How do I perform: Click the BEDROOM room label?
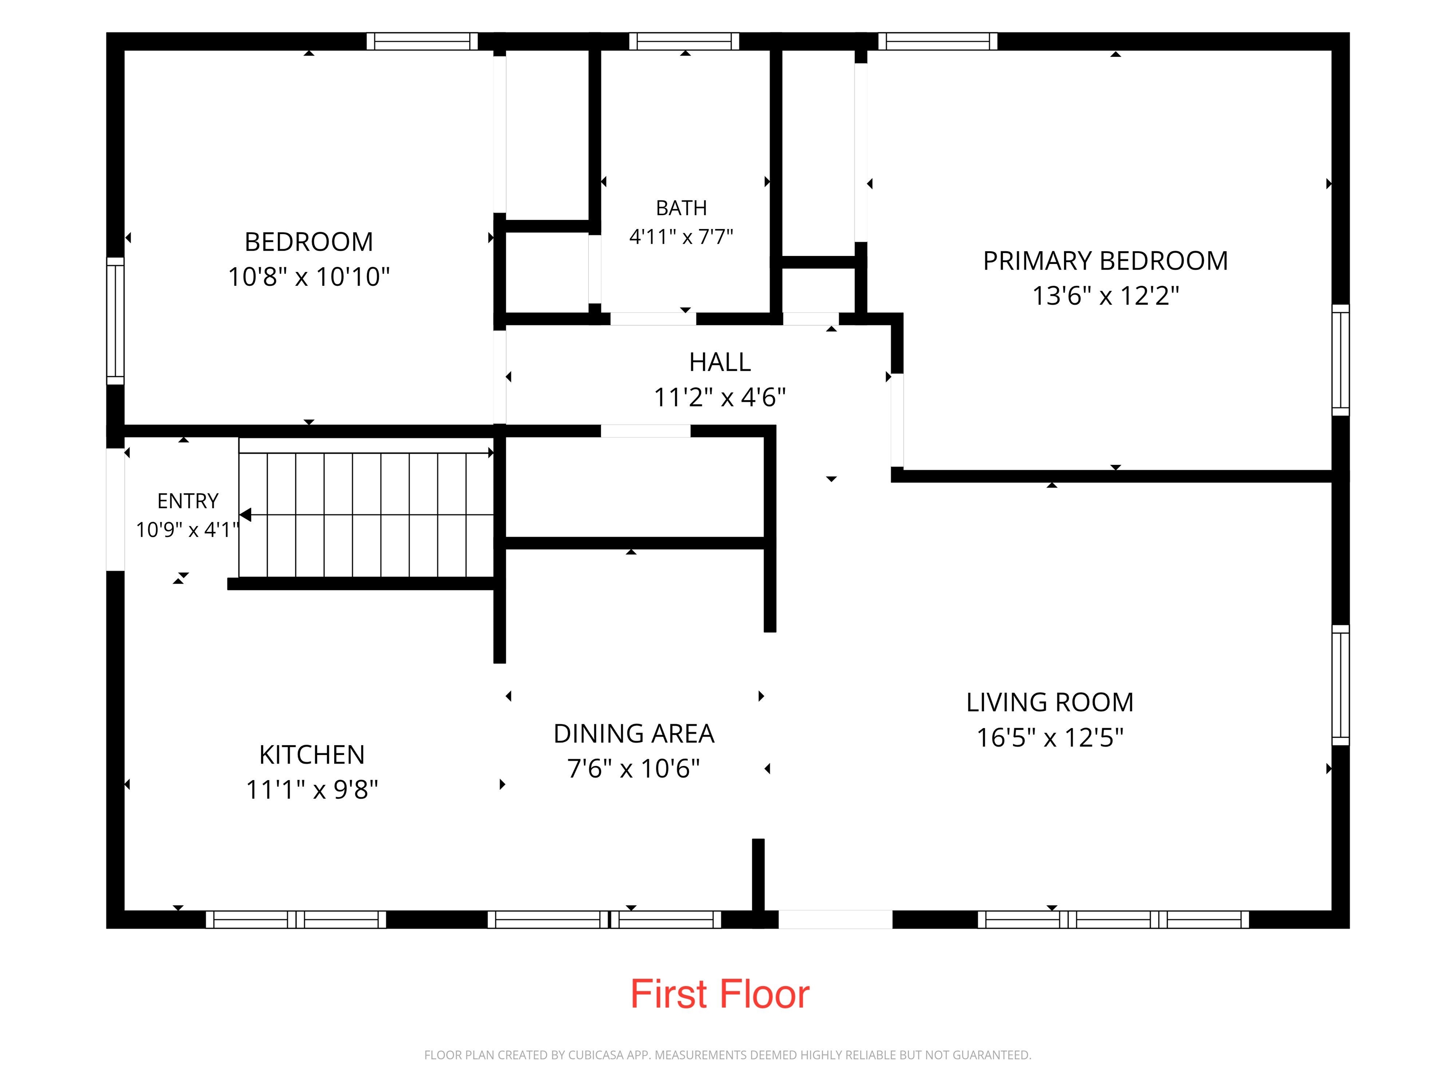[309, 242]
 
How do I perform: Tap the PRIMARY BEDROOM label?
[1105, 261]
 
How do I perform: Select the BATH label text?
[681, 208]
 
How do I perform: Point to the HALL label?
[719, 362]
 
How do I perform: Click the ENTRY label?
[188, 501]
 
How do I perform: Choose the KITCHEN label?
[312, 755]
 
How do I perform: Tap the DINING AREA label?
[634, 733]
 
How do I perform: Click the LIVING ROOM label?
[1050, 702]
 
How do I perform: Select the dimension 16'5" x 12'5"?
[1050, 737]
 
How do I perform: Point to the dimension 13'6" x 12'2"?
[1105, 296]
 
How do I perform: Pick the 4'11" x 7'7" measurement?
[681, 237]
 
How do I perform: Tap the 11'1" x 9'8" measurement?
[312, 789]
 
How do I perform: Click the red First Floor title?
[720, 994]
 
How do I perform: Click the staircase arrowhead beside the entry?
[245, 515]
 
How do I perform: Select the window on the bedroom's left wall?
[115, 320]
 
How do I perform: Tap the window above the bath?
[684, 41]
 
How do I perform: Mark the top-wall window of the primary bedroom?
[937, 41]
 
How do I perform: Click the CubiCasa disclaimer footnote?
[728, 1055]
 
